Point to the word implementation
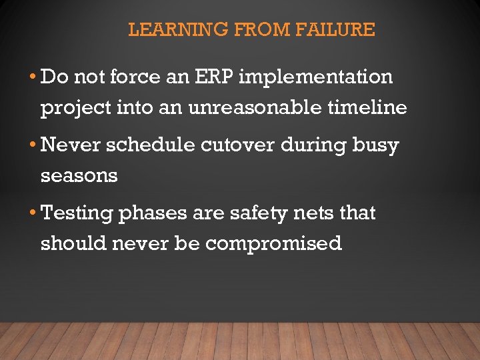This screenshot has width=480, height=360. click(315, 77)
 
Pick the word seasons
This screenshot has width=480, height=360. click(79, 176)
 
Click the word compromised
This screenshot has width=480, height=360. click(273, 244)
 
